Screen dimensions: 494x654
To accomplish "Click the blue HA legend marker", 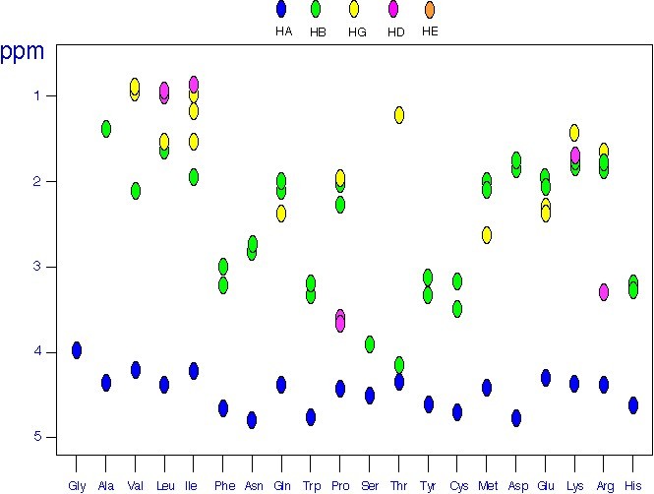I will (282, 10).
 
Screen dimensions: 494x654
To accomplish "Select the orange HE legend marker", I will (430, 10).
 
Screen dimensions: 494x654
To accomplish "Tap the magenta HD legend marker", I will (393, 10).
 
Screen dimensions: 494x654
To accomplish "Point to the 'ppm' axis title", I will (23, 51).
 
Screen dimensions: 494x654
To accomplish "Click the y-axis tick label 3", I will (35, 267).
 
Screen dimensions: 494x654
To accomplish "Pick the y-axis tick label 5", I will (35, 437).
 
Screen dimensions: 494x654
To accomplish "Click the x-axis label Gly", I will (77, 485).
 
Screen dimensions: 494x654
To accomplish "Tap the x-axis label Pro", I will (340, 485).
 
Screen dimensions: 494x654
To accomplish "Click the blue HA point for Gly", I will (77, 350).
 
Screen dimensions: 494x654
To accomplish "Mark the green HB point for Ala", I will (106, 129).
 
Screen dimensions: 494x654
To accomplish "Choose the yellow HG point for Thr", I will (399, 115).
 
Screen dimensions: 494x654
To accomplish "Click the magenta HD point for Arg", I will (604, 292).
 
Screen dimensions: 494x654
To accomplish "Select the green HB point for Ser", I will (370, 344).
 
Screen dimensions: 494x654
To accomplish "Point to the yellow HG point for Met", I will (487, 235).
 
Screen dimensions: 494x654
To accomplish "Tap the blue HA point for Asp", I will (516, 418).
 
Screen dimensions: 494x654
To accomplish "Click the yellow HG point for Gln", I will (281, 214).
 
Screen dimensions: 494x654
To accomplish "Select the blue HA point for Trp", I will (311, 417).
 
